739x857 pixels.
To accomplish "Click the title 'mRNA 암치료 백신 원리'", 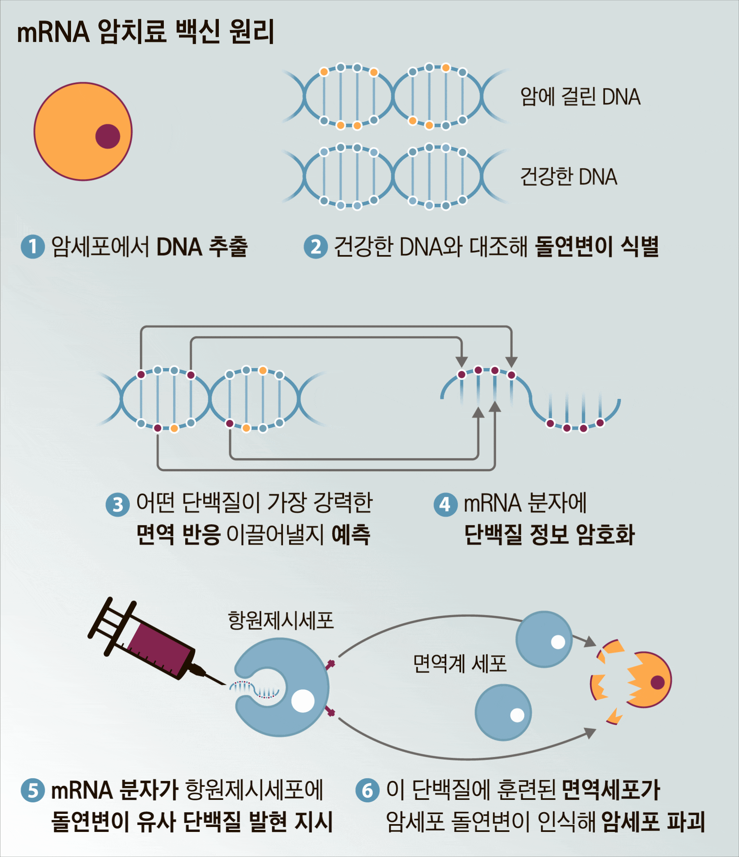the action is [x=145, y=32].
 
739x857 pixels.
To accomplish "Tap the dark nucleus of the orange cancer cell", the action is [x=108, y=136].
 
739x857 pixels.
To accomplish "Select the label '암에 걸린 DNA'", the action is [x=580, y=97].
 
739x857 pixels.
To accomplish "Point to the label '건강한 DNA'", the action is [x=568, y=177].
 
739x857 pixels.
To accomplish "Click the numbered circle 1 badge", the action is [x=33, y=247].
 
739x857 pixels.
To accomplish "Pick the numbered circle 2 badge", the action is [x=316, y=247].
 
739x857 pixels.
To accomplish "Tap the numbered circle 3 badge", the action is [x=118, y=505].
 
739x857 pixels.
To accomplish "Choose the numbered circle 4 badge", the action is [x=445, y=505].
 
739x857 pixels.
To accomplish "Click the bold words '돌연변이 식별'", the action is [x=597, y=247].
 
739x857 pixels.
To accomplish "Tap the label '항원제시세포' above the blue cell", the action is [x=281, y=620].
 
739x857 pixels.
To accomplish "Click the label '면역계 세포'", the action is [x=460, y=663].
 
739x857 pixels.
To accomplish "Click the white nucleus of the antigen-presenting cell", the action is [x=303, y=700].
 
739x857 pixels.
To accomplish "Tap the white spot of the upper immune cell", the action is [x=558, y=642].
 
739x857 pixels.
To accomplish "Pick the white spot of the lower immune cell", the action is [x=517, y=715].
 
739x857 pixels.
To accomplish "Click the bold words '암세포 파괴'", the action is [x=654, y=821].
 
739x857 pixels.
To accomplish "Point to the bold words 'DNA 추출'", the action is [x=202, y=247].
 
